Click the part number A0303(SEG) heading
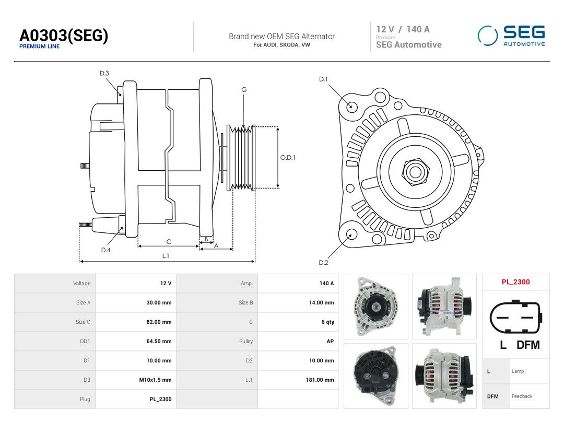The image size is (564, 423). point(64,36)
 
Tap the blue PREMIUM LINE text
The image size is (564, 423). point(39,46)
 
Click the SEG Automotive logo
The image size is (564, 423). point(511,36)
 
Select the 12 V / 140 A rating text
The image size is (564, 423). point(403,29)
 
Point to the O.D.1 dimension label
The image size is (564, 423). point(288,158)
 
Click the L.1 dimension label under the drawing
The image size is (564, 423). point(166,256)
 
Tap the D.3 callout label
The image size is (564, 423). point(104,74)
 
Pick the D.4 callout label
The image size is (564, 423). point(105,250)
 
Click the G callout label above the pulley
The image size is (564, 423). point(244,90)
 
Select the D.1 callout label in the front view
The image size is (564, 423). point(323,79)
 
